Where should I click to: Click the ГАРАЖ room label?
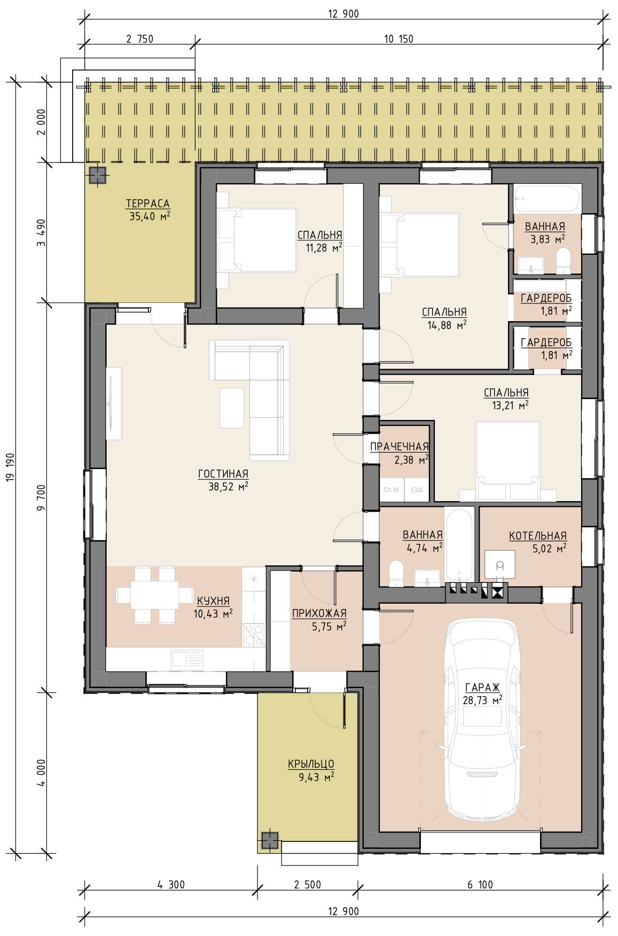[x=482, y=687]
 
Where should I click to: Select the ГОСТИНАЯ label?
[x=223, y=473]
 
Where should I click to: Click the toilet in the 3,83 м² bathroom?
[x=563, y=261]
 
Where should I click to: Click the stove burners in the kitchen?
[x=253, y=635]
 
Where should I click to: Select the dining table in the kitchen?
[x=147, y=595]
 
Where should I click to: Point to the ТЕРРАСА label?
[x=148, y=204]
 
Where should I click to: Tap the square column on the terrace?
[x=97, y=175]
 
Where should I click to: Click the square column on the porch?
[x=270, y=840]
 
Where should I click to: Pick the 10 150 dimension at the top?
[x=398, y=38]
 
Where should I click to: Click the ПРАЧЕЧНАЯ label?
[x=400, y=447]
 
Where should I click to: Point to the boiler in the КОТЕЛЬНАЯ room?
[x=500, y=565]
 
